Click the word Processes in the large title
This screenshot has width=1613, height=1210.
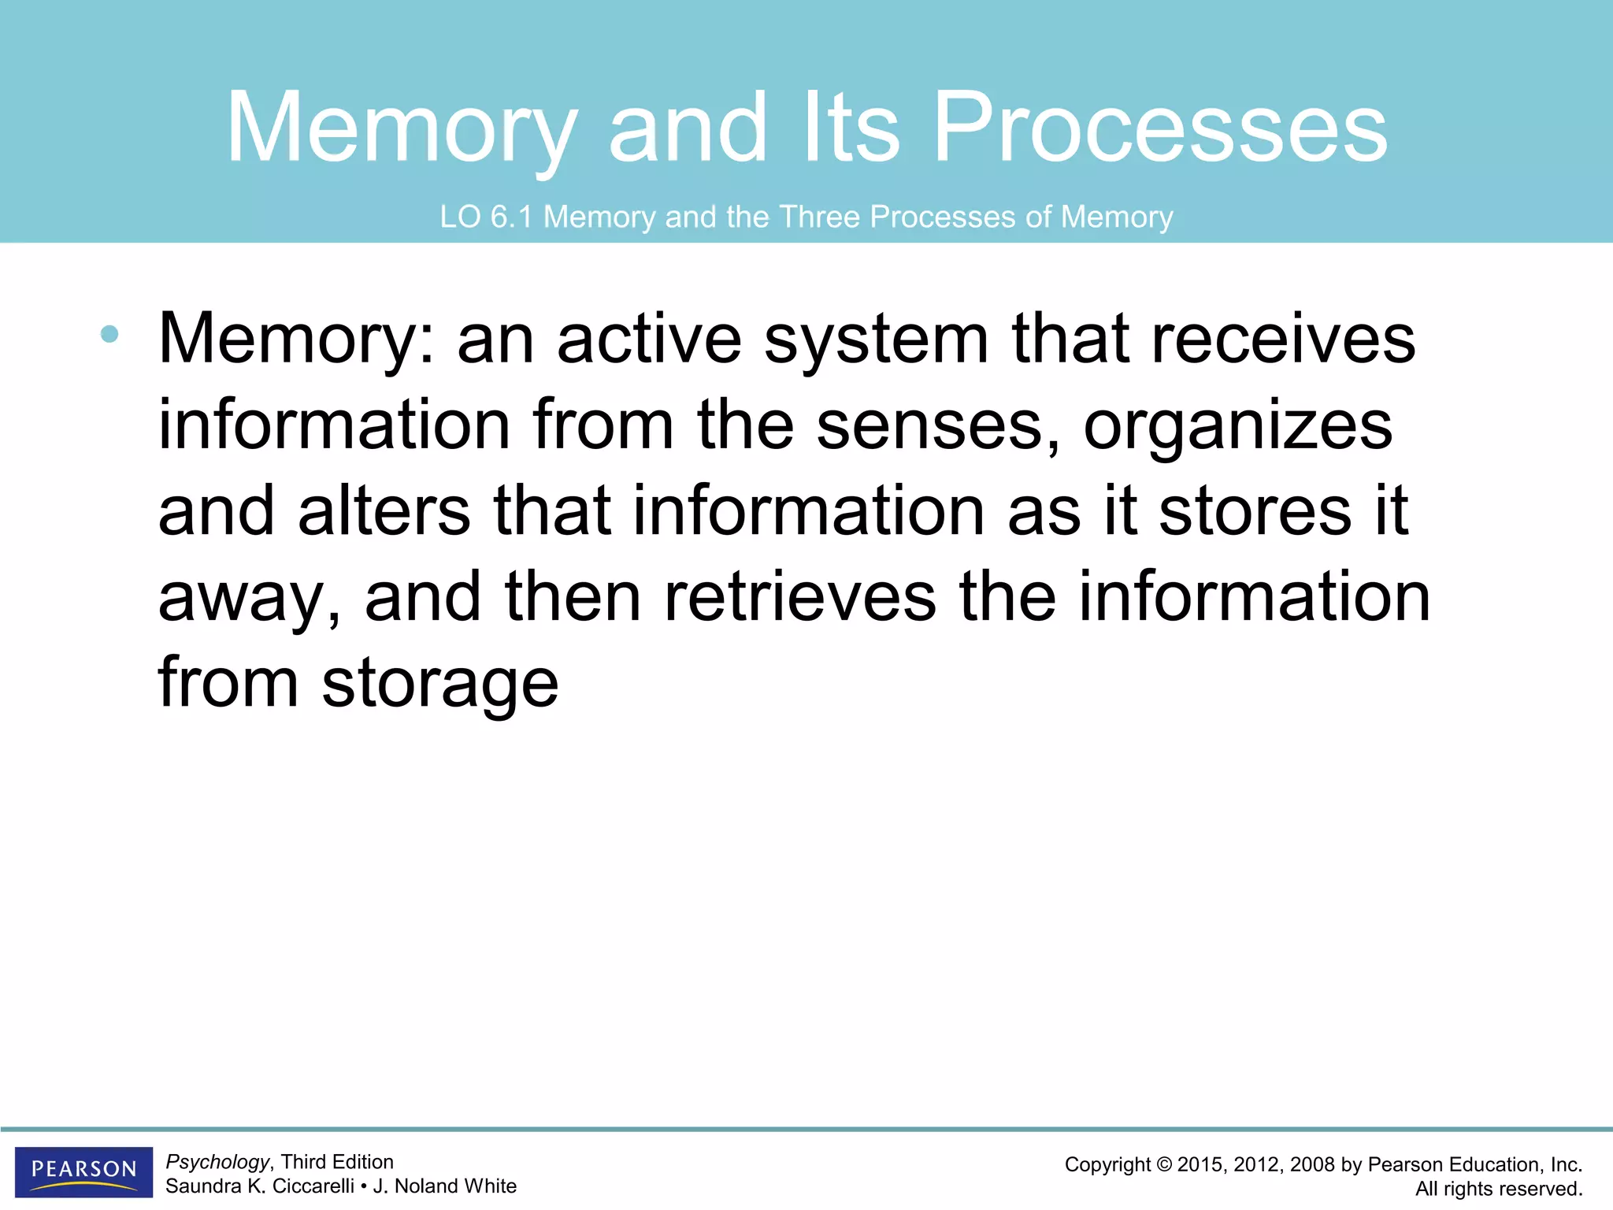pos(1159,128)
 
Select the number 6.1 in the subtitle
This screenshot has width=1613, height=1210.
pos(511,217)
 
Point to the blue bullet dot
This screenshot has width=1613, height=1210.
pos(109,335)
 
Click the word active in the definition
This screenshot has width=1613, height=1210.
pos(649,340)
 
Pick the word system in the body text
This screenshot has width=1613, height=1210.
pos(876,341)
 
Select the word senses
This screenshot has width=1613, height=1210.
pos(937,426)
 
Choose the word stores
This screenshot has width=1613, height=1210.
pos(1255,511)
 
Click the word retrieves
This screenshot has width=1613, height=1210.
pos(800,597)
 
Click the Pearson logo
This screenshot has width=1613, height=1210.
pos(83,1171)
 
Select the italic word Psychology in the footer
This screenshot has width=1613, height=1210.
pos(217,1162)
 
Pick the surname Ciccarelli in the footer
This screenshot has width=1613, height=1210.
pos(313,1186)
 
